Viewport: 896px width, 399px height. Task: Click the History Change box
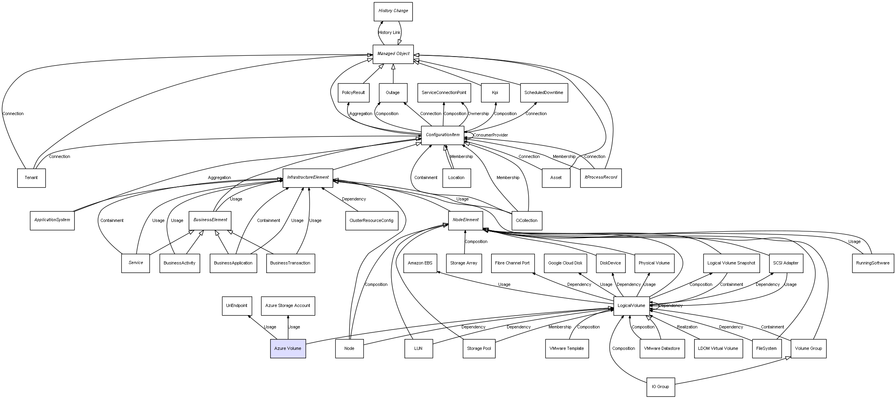393,11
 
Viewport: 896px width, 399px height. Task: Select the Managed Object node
393,54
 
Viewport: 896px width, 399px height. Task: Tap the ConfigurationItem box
442,135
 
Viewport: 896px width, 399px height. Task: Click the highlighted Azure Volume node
288,348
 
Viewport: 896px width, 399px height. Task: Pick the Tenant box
31,178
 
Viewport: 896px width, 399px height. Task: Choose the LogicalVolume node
631,305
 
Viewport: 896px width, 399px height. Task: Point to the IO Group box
660,387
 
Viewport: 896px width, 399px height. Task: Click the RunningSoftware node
873,263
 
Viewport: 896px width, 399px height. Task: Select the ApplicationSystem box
52,220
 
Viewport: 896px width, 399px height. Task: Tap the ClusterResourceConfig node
371,220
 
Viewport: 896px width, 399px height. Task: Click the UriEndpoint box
237,305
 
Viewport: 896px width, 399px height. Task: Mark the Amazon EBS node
420,263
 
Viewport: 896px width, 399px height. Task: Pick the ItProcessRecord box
600,177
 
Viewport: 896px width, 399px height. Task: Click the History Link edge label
389,33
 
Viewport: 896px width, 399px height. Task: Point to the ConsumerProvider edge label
490,135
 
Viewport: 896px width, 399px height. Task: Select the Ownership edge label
478,114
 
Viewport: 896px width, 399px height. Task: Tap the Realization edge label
687,327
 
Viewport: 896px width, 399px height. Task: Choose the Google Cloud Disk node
565,263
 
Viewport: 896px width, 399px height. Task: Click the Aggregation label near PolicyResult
360,114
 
